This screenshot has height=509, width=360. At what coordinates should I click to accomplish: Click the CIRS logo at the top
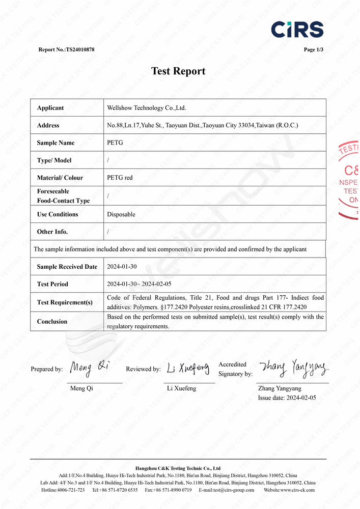pyautogui.click(x=297, y=29)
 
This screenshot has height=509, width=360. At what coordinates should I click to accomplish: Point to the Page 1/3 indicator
pyautogui.click(x=313, y=49)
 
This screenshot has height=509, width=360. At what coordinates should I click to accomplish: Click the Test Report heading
pyautogui.click(x=178, y=71)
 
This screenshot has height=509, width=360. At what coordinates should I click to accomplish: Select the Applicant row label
pyautogui.click(x=50, y=108)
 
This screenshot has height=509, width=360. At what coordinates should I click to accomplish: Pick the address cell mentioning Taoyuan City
pyautogui.click(x=202, y=125)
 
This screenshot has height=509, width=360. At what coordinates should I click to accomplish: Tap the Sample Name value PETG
pyautogui.click(x=115, y=143)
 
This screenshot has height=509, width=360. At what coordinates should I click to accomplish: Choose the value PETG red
pyautogui.click(x=120, y=178)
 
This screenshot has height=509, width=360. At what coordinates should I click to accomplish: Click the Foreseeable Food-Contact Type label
pyautogui.click(x=63, y=196)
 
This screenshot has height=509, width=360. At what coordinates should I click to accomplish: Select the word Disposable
pyautogui.click(x=121, y=214)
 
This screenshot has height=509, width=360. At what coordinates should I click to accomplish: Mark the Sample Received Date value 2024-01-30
pyautogui.click(x=122, y=267)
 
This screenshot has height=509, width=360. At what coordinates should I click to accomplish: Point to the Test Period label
pyautogui.click(x=52, y=284)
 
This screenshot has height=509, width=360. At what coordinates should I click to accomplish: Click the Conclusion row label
pyautogui.click(x=52, y=321)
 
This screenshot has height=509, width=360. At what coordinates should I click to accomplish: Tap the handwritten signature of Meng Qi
pyautogui.click(x=89, y=367)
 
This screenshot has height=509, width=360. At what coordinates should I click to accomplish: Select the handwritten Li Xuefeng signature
pyautogui.click(x=188, y=367)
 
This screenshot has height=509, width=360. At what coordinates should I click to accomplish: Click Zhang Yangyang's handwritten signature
pyautogui.click(x=294, y=366)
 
